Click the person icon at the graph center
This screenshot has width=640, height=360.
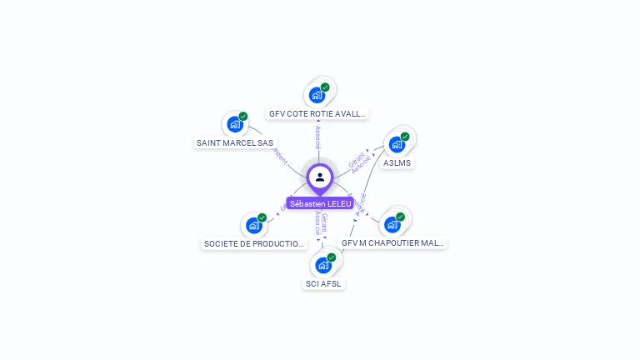click(320, 177)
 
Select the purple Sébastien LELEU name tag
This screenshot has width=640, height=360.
click(320, 203)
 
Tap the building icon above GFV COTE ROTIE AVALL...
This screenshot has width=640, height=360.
click(317, 95)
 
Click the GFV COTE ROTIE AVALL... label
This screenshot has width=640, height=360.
click(317, 113)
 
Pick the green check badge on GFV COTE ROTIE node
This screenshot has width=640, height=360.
click(325, 87)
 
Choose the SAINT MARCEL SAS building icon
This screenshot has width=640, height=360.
click(235, 125)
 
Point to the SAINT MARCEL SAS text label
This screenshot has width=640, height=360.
click(235, 142)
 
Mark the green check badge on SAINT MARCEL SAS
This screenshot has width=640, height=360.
click(243, 117)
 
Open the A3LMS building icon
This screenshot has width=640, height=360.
click(397, 144)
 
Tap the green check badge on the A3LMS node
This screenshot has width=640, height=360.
click(405, 136)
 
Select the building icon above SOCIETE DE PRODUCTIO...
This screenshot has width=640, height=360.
click(253, 225)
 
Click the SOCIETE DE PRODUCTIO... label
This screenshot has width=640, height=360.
click(254, 244)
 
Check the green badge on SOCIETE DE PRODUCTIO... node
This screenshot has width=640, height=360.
click(262, 217)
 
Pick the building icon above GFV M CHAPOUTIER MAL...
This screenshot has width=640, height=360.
click(392, 224)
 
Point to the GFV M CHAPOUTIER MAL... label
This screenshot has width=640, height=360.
click(393, 243)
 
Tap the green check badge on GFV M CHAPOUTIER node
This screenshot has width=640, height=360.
click(400, 217)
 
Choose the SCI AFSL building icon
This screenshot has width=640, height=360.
click(322, 266)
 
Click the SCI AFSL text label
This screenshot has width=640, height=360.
click(323, 283)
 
